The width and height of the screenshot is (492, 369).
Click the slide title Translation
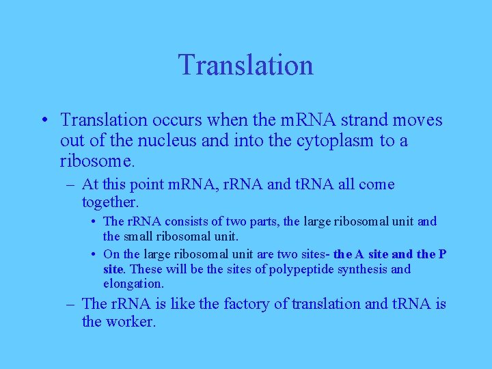(x=246, y=65)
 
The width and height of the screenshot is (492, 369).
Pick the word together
(x=109, y=202)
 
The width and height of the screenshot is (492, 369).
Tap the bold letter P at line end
(x=443, y=254)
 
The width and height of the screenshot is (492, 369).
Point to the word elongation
(x=133, y=283)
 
